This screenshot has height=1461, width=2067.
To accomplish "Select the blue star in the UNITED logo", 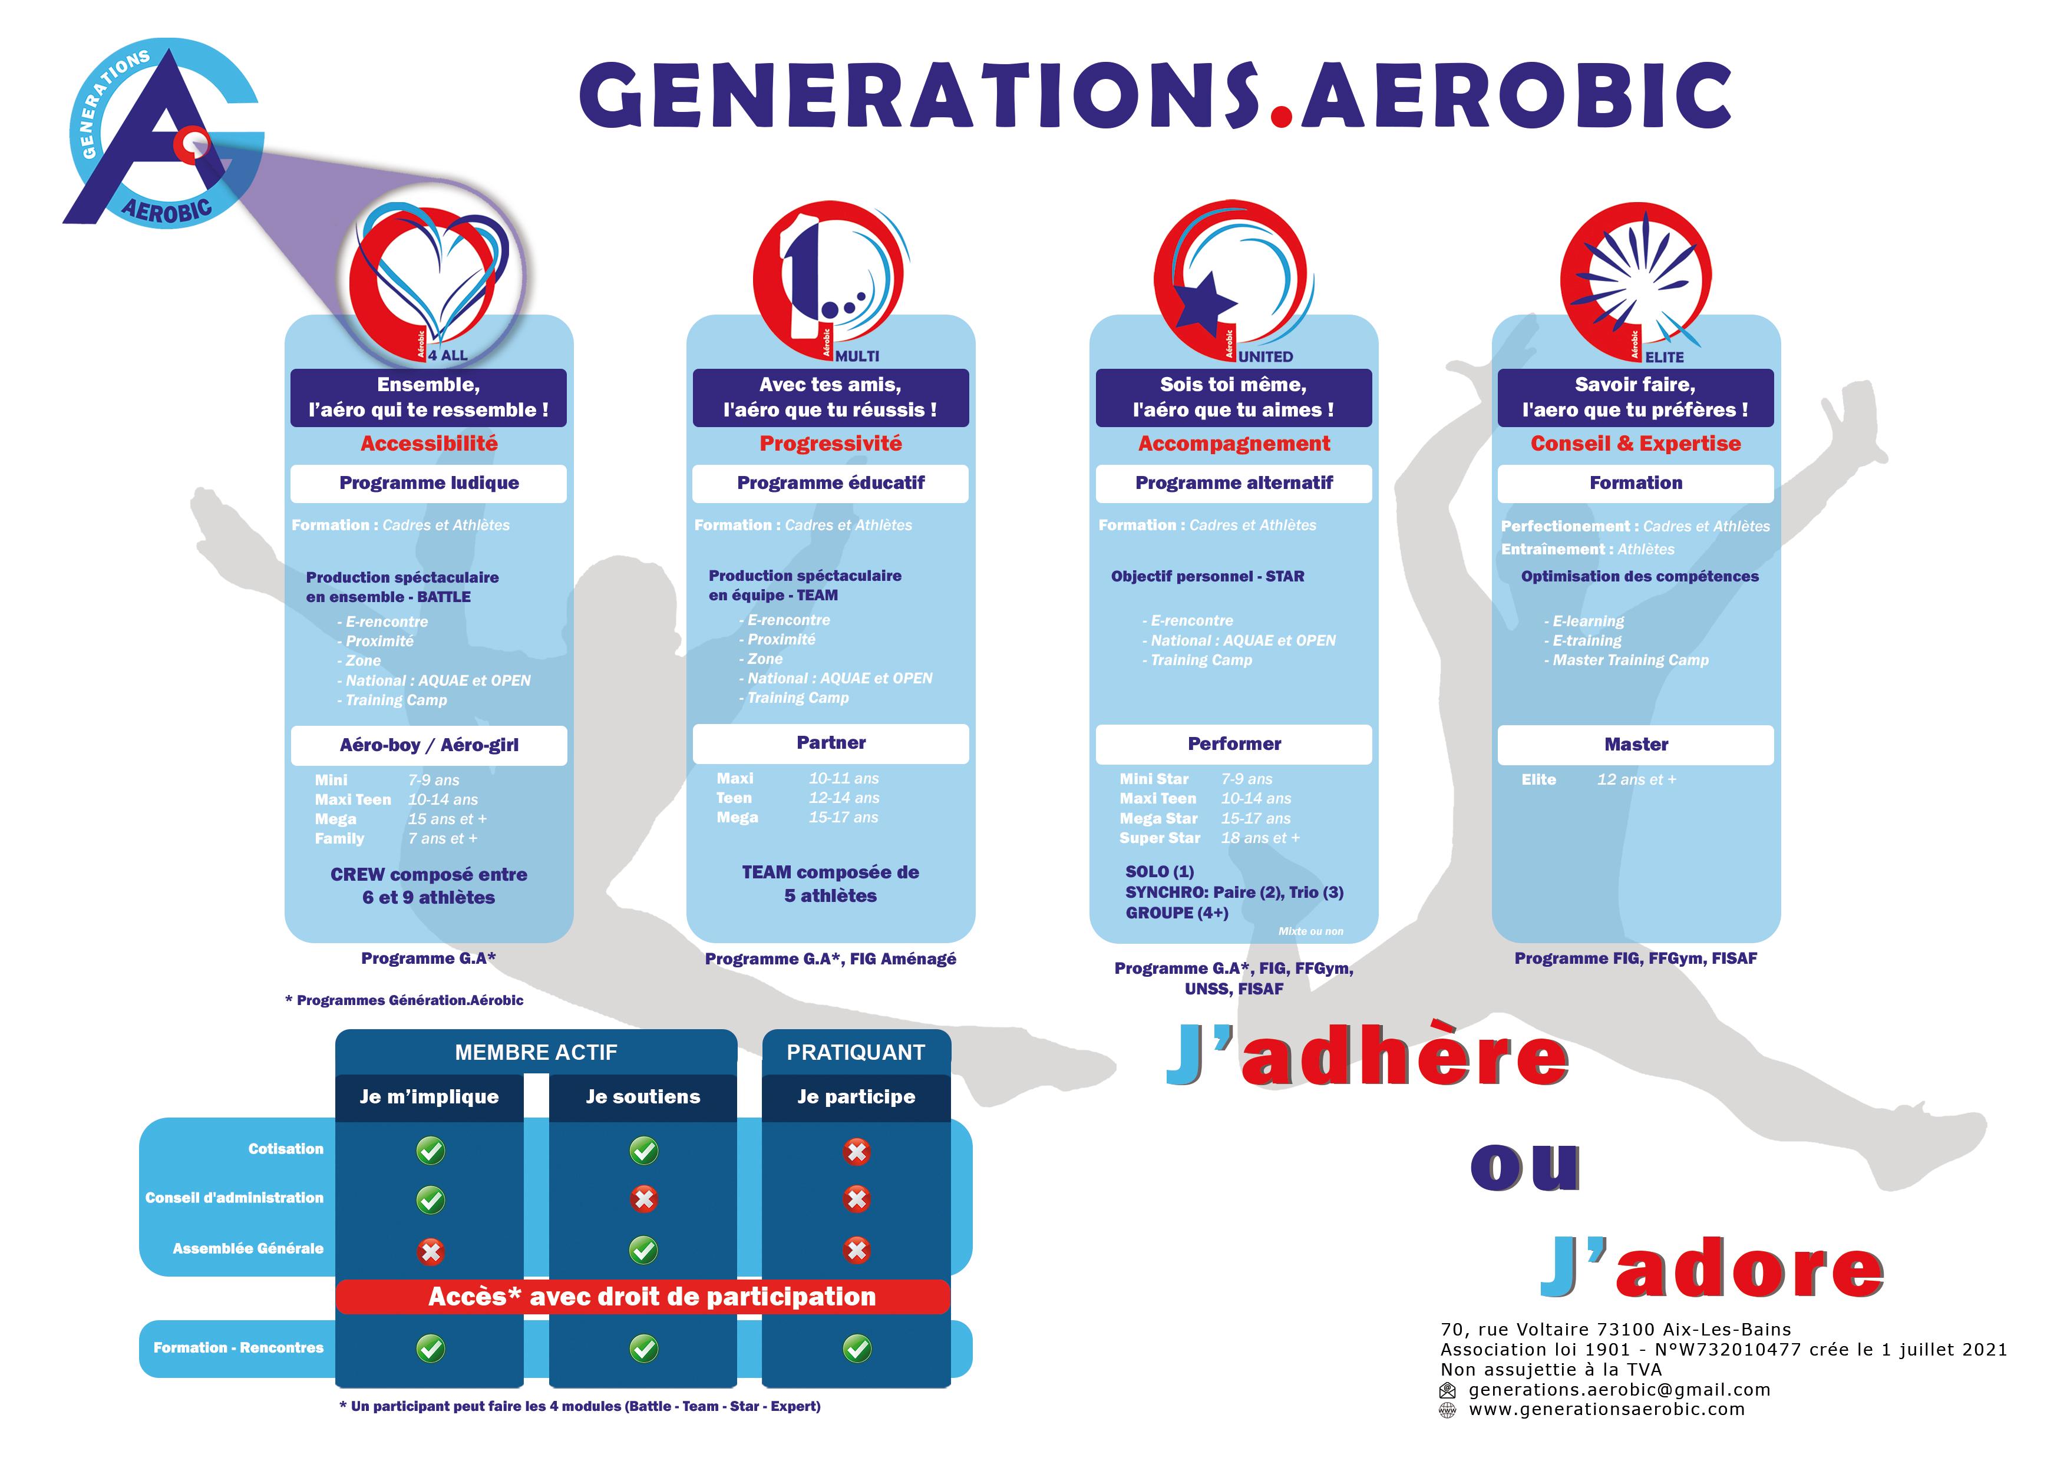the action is coord(1206,300).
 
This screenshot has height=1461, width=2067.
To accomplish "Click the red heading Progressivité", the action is coord(830,443).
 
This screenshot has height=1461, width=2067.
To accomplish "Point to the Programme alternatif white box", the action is coord(1233,484).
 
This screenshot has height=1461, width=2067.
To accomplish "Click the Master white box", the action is coord(1636,745).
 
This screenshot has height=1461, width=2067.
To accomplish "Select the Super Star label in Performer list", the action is coord(1160,838).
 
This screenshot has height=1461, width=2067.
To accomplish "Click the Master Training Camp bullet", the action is coord(1626,660).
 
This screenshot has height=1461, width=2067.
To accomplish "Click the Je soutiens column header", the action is coord(643,1096).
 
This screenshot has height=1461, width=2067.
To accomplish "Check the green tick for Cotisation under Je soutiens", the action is coord(643,1151).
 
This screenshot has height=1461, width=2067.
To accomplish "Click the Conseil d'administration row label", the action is coord(234,1198).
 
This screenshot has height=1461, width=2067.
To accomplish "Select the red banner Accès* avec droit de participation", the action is coord(643,1296).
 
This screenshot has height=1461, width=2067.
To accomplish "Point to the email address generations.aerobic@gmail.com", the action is coord(1619,1390).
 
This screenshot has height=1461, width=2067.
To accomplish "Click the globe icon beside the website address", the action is coord(1448,1410).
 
